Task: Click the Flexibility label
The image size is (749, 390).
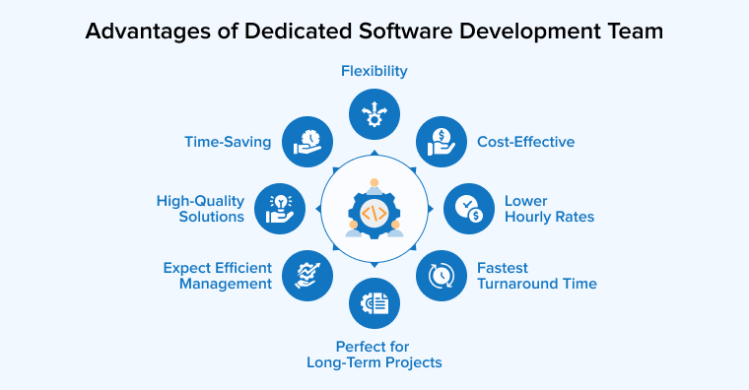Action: tap(374, 71)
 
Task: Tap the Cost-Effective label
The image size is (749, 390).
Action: tap(525, 142)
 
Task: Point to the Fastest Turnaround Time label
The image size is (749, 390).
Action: tap(537, 275)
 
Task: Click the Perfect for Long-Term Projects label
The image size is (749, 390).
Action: tap(374, 354)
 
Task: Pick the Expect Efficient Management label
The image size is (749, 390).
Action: tap(218, 275)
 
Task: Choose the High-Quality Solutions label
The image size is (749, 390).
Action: tap(200, 208)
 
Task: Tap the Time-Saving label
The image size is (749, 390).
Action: tap(228, 142)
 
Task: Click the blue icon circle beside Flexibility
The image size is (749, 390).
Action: tap(374, 113)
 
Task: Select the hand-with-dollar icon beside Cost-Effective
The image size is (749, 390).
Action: tap(441, 141)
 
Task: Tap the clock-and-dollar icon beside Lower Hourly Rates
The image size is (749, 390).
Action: tap(468, 208)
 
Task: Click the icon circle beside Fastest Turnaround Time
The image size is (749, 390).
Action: tap(441, 275)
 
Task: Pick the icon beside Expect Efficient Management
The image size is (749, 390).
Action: tap(307, 275)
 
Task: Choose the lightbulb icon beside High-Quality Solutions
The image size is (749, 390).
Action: tap(280, 208)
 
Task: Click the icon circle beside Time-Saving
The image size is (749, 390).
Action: tap(307, 141)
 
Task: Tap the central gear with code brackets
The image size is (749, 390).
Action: tap(374, 209)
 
